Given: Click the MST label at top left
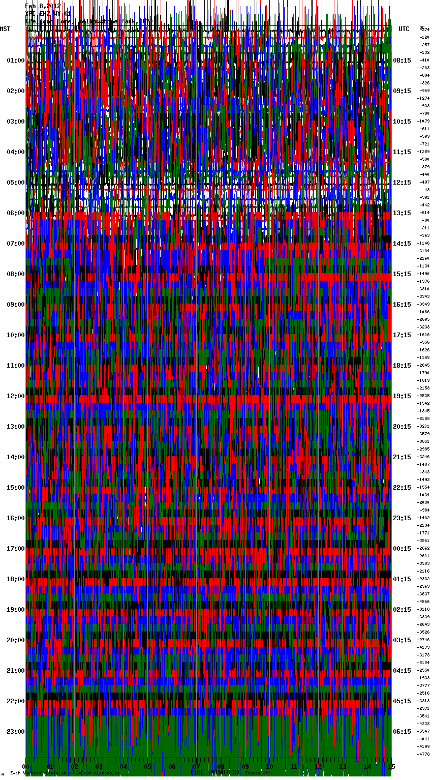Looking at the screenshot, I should pyautogui.click(x=5, y=29).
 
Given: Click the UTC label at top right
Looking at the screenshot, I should pyautogui.click(x=404, y=29).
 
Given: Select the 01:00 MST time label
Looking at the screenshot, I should pyautogui.click(x=15, y=61).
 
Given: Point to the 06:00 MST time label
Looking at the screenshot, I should pyautogui.click(x=15, y=213).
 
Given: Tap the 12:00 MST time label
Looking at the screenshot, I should pyautogui.click(x=15, y=396).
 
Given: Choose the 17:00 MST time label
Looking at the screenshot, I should pyautogui.click(x=15, y=549).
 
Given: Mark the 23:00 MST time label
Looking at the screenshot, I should pyautogui.click(x=15, y=732).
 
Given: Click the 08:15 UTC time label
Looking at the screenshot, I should pyautogui.click(x=402, y=61).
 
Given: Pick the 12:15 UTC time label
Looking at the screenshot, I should pyautogui.click(x=402, y=183).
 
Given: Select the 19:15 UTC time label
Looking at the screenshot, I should pyautogui.click(x=402, y=396).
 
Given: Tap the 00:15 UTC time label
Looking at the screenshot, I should pyautogui.click(x=402, y=549).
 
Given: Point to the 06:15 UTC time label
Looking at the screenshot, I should pyautogui.click(x=402, y=732).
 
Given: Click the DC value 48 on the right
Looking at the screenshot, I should pyautogui.click(x=427, y=190).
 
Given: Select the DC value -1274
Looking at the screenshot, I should pyautogui.click(x=423, y=98).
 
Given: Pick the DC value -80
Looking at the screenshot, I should pyautogui.click(x=425, y=220).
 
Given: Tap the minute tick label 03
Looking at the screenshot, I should pyautogui.click(x=99, y=766).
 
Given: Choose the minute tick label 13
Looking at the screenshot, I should pyautogui.click(x=343, y=766).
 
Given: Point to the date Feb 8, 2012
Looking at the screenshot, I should pyautogui.click(x=43, y=6).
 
